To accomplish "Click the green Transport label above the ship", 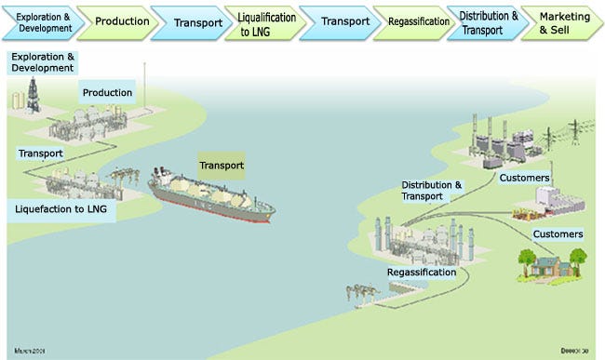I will pyautogui.click(x=221, y=166).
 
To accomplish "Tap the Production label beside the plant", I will pyautogui.click(x=107, y=92).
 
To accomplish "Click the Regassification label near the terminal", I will pyautogui.click(x=422, y=273).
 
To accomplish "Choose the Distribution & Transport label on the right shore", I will pyautogui.click(x=431, y=190).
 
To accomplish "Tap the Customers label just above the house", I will pyautogui.click(x=558, y=233).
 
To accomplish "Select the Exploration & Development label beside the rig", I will pyautogui.click(x=42, y=62).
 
